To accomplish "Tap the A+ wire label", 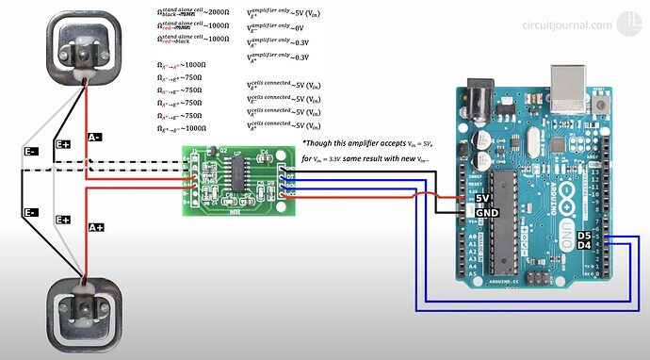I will (x=95, y=227).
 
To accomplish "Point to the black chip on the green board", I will (x=241, y=172).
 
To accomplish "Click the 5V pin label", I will (x=483, y=198).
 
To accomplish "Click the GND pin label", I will (x=485, y=213).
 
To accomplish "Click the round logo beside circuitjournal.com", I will (x=628, y=25).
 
